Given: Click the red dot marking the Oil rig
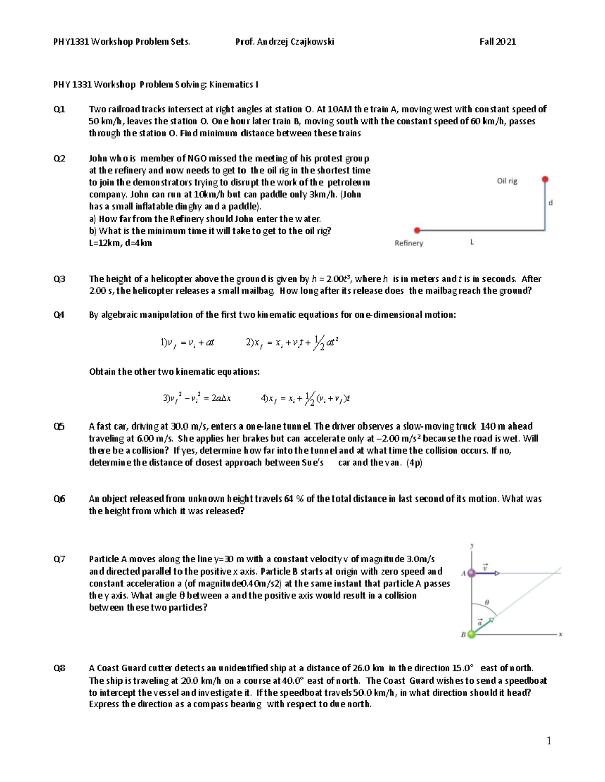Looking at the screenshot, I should tap(545, 179).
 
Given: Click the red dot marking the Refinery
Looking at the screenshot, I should tap(417, 230).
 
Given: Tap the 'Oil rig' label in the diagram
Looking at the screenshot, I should tap(507, 181).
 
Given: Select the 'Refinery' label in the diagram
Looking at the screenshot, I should tap(409, 243).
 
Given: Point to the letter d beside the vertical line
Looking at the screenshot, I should tap(550, 203).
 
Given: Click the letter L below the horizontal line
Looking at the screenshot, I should tap(472, 242).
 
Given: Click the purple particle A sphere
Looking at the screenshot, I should tap(471, 573).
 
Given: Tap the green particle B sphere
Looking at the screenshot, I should tap(471, 635).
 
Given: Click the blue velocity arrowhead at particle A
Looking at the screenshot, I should tap(497, 573).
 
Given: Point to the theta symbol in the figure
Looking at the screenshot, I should tap(487, 602).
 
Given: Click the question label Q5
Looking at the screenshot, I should tap(59, 426).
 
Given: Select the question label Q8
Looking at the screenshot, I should tap(59, 668).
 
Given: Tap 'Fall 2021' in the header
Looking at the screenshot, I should tap(498, 42).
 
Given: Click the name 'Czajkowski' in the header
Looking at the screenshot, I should tap(312, 42).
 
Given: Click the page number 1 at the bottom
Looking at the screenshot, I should tap(549, 741).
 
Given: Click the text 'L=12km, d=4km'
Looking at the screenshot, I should tap(120, 243).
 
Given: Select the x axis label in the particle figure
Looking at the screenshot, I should tap(560, 635).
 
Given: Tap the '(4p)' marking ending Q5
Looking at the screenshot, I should tap(414, 463).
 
